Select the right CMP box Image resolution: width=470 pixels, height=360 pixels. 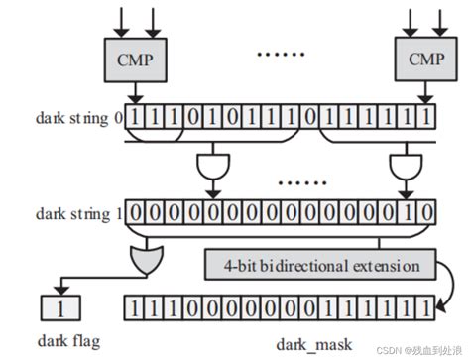(x=416, y=60)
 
